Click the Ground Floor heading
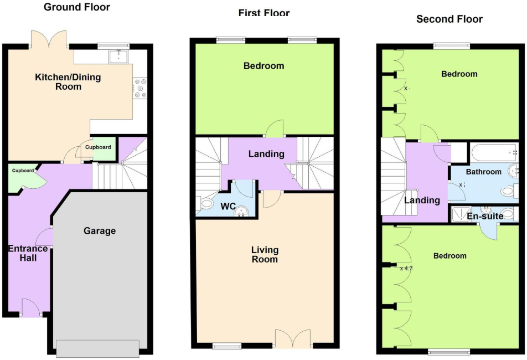coord(76,7)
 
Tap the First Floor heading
coord(264,13)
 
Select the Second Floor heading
coord(449,19)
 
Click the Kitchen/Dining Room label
coord(68,81)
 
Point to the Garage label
coord(100,230)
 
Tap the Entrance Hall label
coord(28,253)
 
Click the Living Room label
coord(265,255)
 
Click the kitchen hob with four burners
coord(140,88)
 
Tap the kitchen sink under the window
coord(118,56)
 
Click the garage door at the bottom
coord(97,348)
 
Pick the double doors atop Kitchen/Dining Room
coord(50,40)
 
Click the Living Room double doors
coord(293,338)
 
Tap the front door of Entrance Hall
coord(30,307)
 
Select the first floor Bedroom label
coord(264,66)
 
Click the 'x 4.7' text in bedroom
coord(406,268)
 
